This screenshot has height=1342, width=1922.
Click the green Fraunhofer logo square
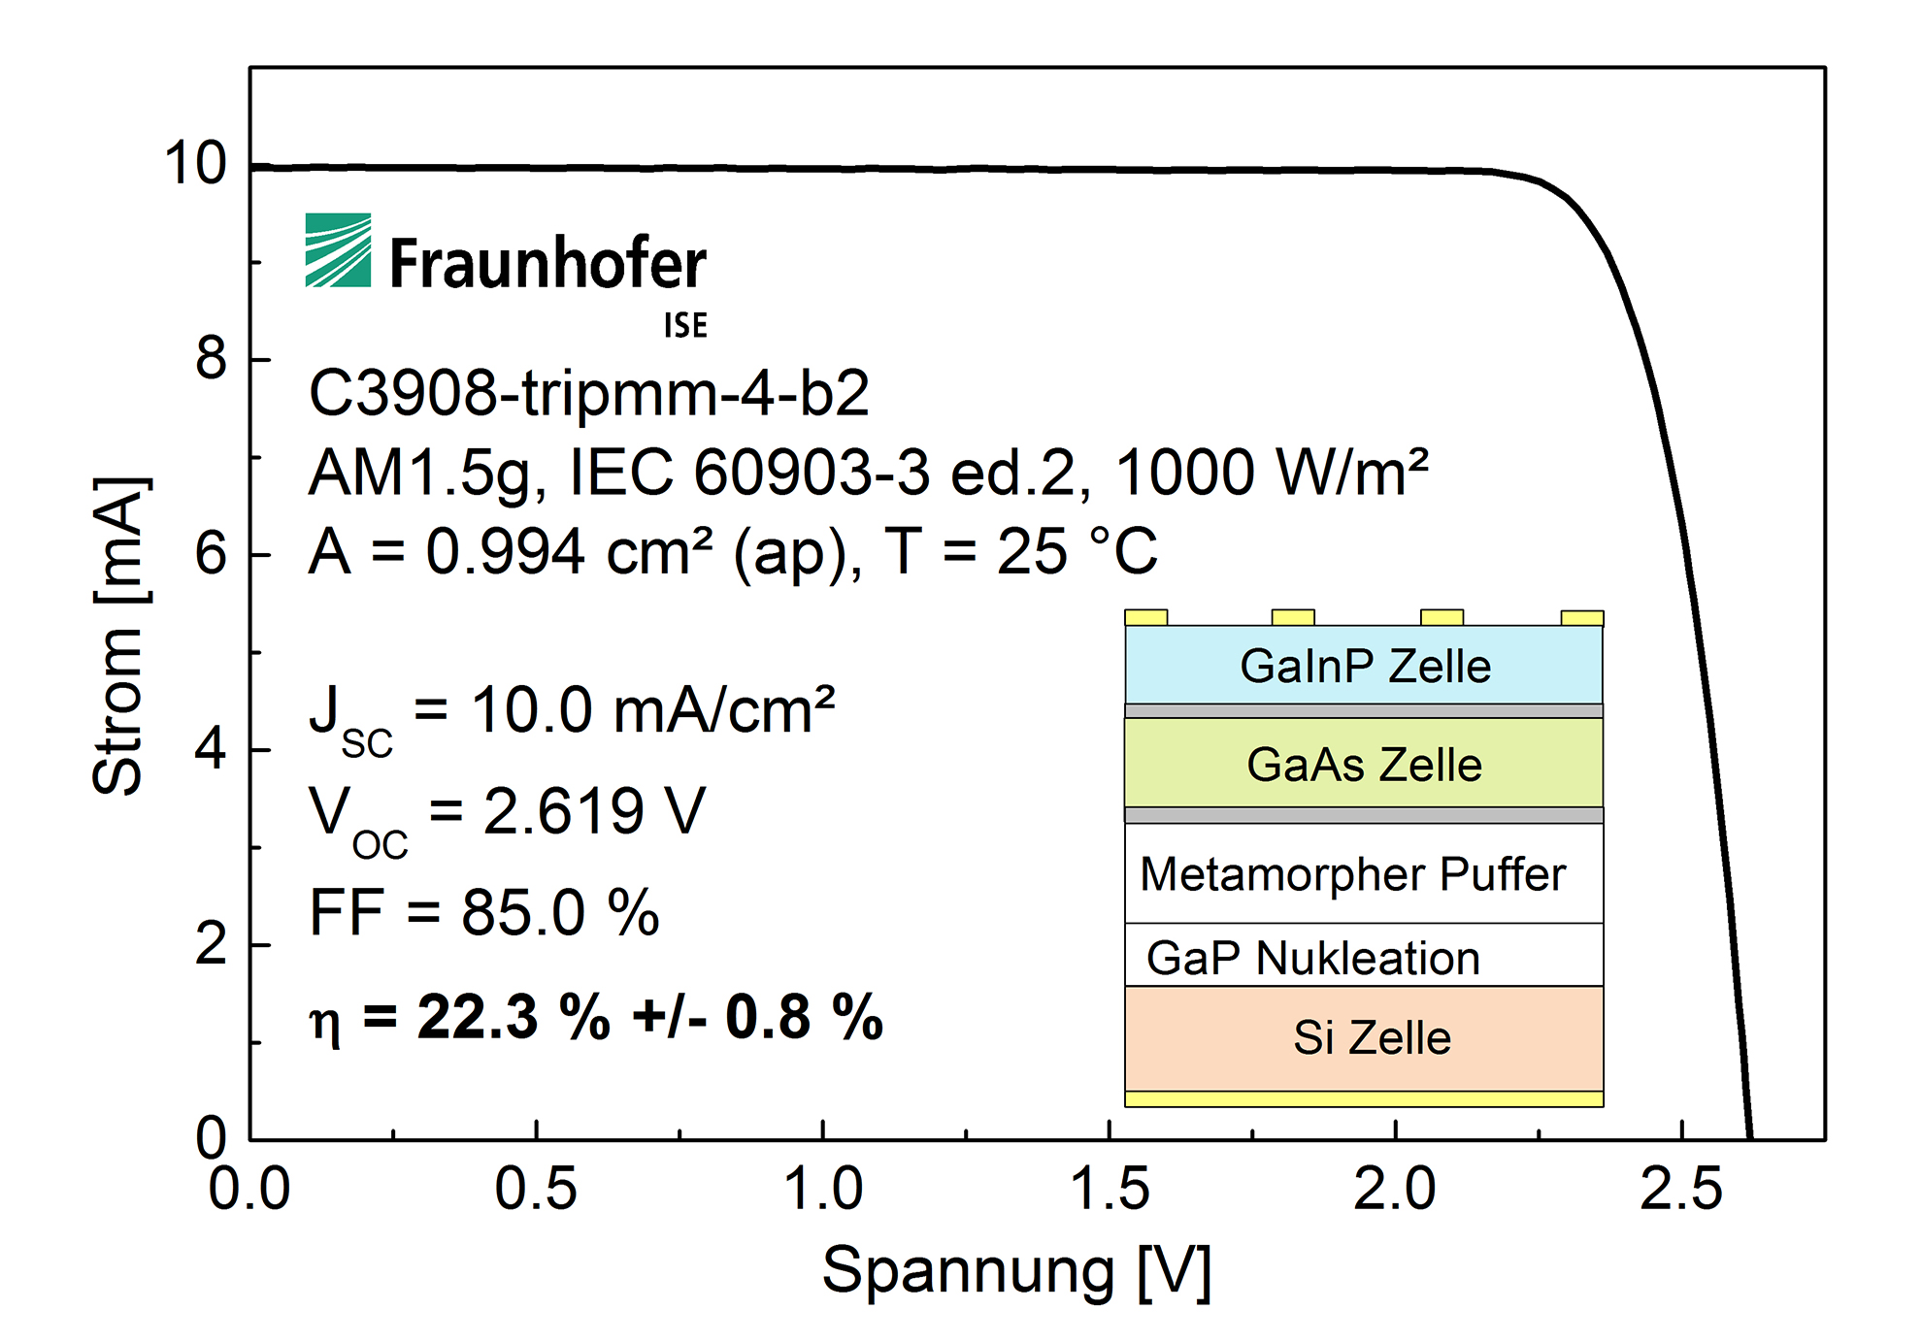pyautogui.click(x=338, y=250)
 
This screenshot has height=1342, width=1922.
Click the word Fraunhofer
pyautogui.click(x=547, y=264)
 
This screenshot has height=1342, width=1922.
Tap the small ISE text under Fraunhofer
pyautogui.click(x=685, y=326)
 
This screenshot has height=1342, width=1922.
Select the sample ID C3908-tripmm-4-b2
pyautogui.click(x=588, y=394)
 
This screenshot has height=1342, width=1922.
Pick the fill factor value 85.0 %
pyautogui.click(x=560, y=913)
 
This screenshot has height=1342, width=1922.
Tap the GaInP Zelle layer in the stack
pyautogui.click(x=1364, y=667)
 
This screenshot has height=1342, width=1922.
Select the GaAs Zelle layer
pyautogui.click(x=1364, y=765)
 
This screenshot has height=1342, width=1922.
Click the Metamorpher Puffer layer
pyautogui.click(x=1353, y=874)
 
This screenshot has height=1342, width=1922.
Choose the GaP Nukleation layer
pyautogui.click(x=1312, y=958)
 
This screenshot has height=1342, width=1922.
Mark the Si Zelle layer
pyautogui.click(x=1371, y=1038)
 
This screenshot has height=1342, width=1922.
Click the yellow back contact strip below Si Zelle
pyautogui.click(x=1364, y=1098)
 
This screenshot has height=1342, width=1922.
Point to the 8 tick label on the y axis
pyautogui.click(x=211, y=358)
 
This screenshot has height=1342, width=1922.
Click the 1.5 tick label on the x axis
pyautogui.click(x=1109, y=1189)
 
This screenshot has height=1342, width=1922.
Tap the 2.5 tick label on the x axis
pyautogui.click(x=1680, y=1189)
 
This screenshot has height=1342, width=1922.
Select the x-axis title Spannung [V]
pyautogui.click(x=1016, y=1271)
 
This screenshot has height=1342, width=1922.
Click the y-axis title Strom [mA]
pyautogui.click(x=120, y=636)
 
